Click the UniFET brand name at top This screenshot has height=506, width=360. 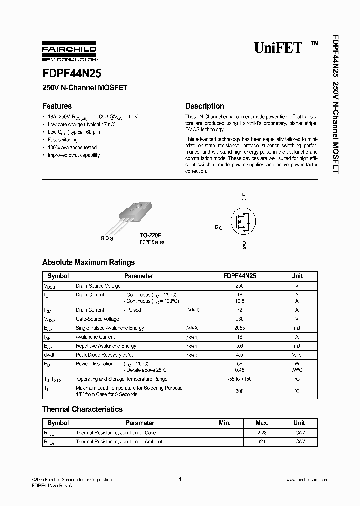coord(278,48)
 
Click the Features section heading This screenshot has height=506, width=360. coord(57,106)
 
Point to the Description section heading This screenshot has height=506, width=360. coord(205,106)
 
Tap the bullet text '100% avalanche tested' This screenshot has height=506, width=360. coord(72,147)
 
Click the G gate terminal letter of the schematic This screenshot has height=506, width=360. coord(217,227)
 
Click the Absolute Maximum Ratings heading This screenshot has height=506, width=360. coord(88,262)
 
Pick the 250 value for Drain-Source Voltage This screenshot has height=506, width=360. coord(240,286)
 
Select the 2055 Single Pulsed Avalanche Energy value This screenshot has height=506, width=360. coord(240,328)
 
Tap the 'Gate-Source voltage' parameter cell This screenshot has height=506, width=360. coord(97,319)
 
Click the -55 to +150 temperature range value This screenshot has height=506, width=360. coord(240,379)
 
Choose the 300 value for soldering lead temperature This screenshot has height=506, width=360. coord(240,391)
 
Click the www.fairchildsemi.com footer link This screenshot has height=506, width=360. coord(307,480)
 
